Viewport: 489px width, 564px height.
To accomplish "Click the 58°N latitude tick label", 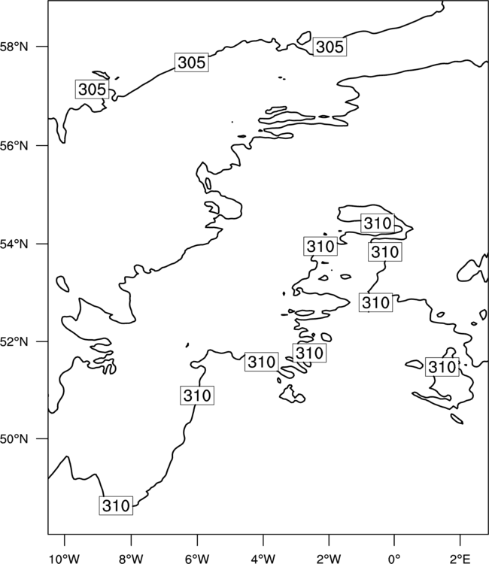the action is tap(14, 47).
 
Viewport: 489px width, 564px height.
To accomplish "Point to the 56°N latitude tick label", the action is tap(14, 146).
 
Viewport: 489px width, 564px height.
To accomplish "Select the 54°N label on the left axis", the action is tap(14, 244).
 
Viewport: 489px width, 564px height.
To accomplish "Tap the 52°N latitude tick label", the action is tap(14, 341).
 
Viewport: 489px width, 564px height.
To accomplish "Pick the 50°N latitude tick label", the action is tap(14, 439).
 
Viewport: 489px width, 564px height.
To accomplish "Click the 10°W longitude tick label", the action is tap(65, 559).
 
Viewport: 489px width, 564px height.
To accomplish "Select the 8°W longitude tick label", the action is tap(131, 559).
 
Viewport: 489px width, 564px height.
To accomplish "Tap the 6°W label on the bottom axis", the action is tap(197, 559).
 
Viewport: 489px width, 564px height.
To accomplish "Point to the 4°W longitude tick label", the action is tap(263, 559).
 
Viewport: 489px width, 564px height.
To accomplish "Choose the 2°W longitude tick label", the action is tap(329, 559).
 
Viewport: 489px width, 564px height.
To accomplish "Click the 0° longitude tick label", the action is tap(394, 559).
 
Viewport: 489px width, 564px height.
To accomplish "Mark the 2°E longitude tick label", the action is tap(460, 559).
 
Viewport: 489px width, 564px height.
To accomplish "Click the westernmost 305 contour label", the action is tap(92, 89).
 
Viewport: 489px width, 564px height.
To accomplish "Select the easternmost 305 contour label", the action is tap(330, 47).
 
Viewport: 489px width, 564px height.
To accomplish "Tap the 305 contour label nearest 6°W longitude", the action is tap(192, 62).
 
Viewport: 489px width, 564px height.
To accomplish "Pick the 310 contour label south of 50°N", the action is tap(116, 506).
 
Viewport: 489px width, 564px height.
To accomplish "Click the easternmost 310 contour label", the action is tap(442, 367).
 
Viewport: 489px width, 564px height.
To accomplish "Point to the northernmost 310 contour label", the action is tap(378, 223).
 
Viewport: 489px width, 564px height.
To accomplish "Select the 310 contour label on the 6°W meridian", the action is tap(197, 396).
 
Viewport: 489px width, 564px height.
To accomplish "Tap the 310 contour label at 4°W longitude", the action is tap(262, 362).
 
